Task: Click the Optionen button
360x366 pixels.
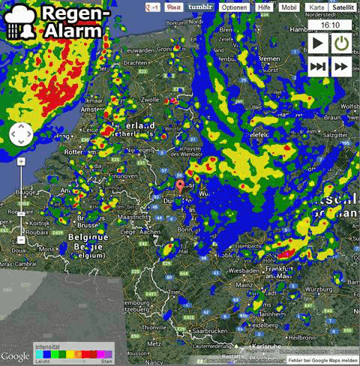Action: pyautogui.click(x=235, y=7)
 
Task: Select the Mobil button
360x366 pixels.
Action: pyautogui.click(x=289, y=7)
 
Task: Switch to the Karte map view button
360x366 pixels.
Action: pyautogui.click(x=316, y=7)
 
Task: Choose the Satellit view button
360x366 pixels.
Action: pyautogui.click(x=343, y=7)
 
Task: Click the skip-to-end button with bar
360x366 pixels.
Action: pyautogui.click(x=317, y=66)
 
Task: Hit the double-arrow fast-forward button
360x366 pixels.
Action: pyautogui.click(x=342, y=66)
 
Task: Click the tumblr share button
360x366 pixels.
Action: pyautogui.click(x=199, y=7)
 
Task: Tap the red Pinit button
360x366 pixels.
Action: pyautogui.click(x=174, y=7)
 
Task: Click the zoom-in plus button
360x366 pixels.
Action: pyautogui.click(x=21, y=161)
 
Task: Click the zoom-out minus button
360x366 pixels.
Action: pyautogui.click(x=21, y=239)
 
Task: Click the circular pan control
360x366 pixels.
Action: pyautogui.click(x=21, y=135)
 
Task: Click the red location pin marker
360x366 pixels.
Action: pyautogui.click(x=180, y=187)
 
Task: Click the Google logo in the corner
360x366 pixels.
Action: pyautogui.click(x=15, y=355)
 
